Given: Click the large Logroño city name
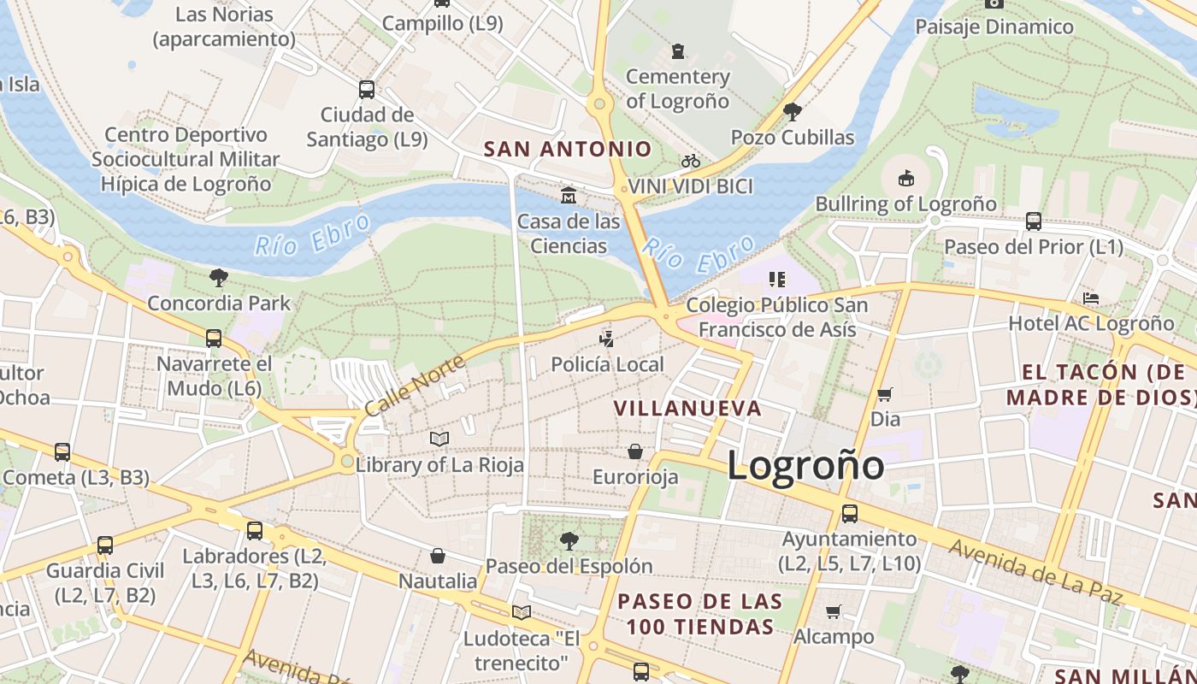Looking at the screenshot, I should pyautogui.click(x=805, y=466).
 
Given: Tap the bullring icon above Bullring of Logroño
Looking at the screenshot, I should pyautogui.click(x=905, y=178).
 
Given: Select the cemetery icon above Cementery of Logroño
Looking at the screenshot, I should pyautogui.click(x=678, y=51).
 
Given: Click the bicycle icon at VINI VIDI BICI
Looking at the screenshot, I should pyautogui.click(x=690, y=161).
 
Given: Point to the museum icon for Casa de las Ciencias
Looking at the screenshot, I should pyautogui.click(x=569, y=196).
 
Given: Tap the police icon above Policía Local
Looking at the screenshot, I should pyautogui.click(x=607, y=339).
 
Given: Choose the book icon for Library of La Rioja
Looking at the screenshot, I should pyautogui.click(x=439, y=439).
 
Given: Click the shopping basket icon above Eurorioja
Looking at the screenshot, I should pyautogui.click(x=635, y=451).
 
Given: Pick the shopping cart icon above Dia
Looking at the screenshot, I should pyautogui.click(x=885, y=394).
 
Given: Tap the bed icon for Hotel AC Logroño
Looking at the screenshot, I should pyautogui.click(x=1091, y=298).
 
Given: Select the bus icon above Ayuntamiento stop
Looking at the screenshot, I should pyautogui.click(x=849, y=514).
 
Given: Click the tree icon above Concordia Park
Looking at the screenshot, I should pyautogui.click(x=219, y=277).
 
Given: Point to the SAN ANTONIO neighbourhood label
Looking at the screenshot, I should pyautogui.click(x=568, y=149).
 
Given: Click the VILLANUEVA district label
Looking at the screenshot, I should pyautogui.click(x=688, y=408).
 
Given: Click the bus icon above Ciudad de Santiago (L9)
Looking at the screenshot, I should pyautogui.click(x=367, y=89).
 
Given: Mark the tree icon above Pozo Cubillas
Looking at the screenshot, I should pyautogui.click(x=792, y=111).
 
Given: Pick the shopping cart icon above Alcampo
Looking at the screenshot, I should pyautogui.click(x=834, y=611).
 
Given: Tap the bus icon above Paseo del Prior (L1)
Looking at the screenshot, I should pyautogui.click(x=1034, y=221).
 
